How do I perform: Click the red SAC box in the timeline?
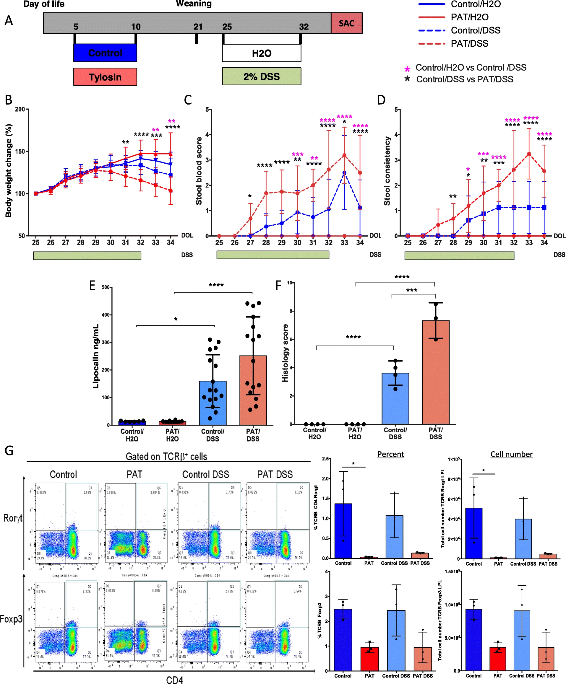346,23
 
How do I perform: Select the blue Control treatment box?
105,53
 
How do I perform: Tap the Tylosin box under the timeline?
105,77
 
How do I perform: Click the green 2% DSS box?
262,76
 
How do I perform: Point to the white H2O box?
262,53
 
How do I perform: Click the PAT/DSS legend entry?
469,44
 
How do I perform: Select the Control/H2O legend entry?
475,4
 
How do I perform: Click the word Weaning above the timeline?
194,4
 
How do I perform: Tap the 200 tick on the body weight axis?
20,110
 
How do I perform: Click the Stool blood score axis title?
199,171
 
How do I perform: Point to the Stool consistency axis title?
387,171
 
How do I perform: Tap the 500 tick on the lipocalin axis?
106,287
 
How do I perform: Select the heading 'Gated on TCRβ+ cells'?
166,457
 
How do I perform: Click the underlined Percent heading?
391,454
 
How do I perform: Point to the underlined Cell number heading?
511,454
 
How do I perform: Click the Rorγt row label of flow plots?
12,518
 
